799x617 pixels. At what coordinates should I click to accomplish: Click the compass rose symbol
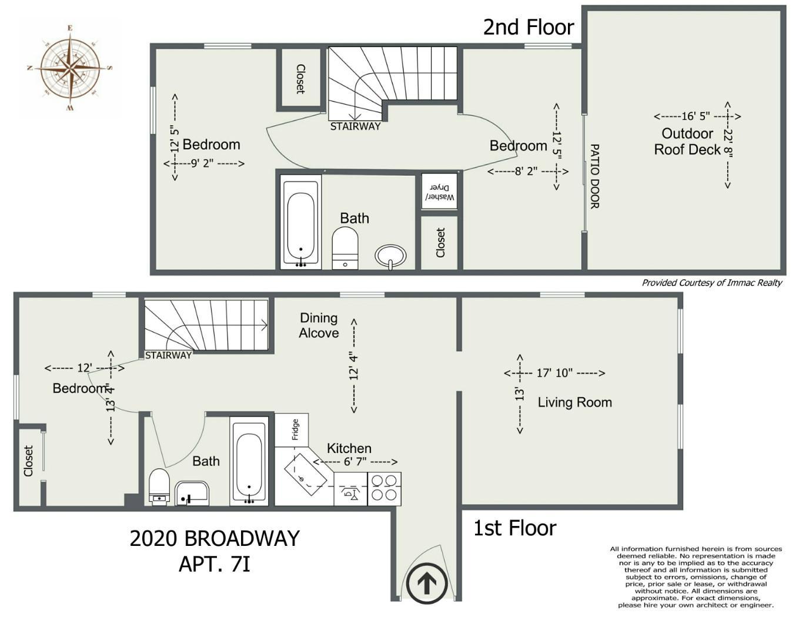coord(69,68)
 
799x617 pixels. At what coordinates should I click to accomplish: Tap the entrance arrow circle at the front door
coord(426,583)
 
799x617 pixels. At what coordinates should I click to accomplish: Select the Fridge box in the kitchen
coord(292,430)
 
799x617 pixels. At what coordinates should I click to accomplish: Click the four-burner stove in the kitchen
coord(384,489)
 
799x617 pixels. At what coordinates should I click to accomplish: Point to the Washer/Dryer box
coord(439,191)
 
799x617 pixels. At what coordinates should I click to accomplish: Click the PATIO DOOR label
coord(594,176)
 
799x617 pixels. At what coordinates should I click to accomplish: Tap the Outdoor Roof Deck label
coord(687,142)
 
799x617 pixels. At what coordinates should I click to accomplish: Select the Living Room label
coord(575,403)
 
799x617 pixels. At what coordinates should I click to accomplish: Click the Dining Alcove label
coord(319,325)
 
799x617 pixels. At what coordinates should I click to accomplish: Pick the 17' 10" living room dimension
coord(554,373)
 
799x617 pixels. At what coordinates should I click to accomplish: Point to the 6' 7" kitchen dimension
coord(355,461)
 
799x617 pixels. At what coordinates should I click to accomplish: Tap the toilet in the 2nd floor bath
coord(345,248)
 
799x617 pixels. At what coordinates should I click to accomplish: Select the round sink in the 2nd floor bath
coord(390,256)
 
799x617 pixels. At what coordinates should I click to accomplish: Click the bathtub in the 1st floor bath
coord(249,461)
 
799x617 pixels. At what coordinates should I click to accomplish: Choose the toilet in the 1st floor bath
coord(159,485)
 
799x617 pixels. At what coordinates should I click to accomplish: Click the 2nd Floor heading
coord(529,27)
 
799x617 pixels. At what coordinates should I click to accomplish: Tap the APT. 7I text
coord(215,565)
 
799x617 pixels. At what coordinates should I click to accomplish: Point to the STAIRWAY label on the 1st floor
coord(168,355)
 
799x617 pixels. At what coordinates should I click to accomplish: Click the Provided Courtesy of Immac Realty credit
coord(712,283)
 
